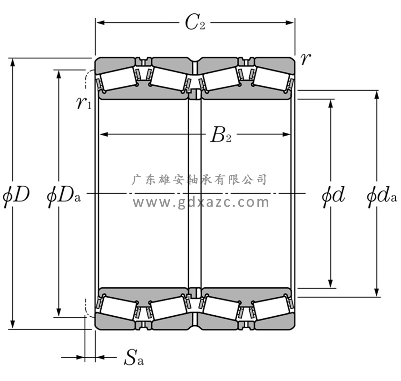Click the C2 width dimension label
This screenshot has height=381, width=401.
tap(195, 22)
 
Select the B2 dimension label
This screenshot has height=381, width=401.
tap(221, 136)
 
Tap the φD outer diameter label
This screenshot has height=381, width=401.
tap(17, 194)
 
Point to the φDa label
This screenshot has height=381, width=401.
tap(64, 194)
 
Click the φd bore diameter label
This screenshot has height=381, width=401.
tap(333, 194)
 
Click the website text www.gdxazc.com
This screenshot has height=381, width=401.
tap(200, 202)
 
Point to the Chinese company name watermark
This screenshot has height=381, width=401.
tap(199, 180)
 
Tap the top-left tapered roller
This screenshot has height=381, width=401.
tap(117, 77)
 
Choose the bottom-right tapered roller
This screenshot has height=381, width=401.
tap(269, 310)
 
